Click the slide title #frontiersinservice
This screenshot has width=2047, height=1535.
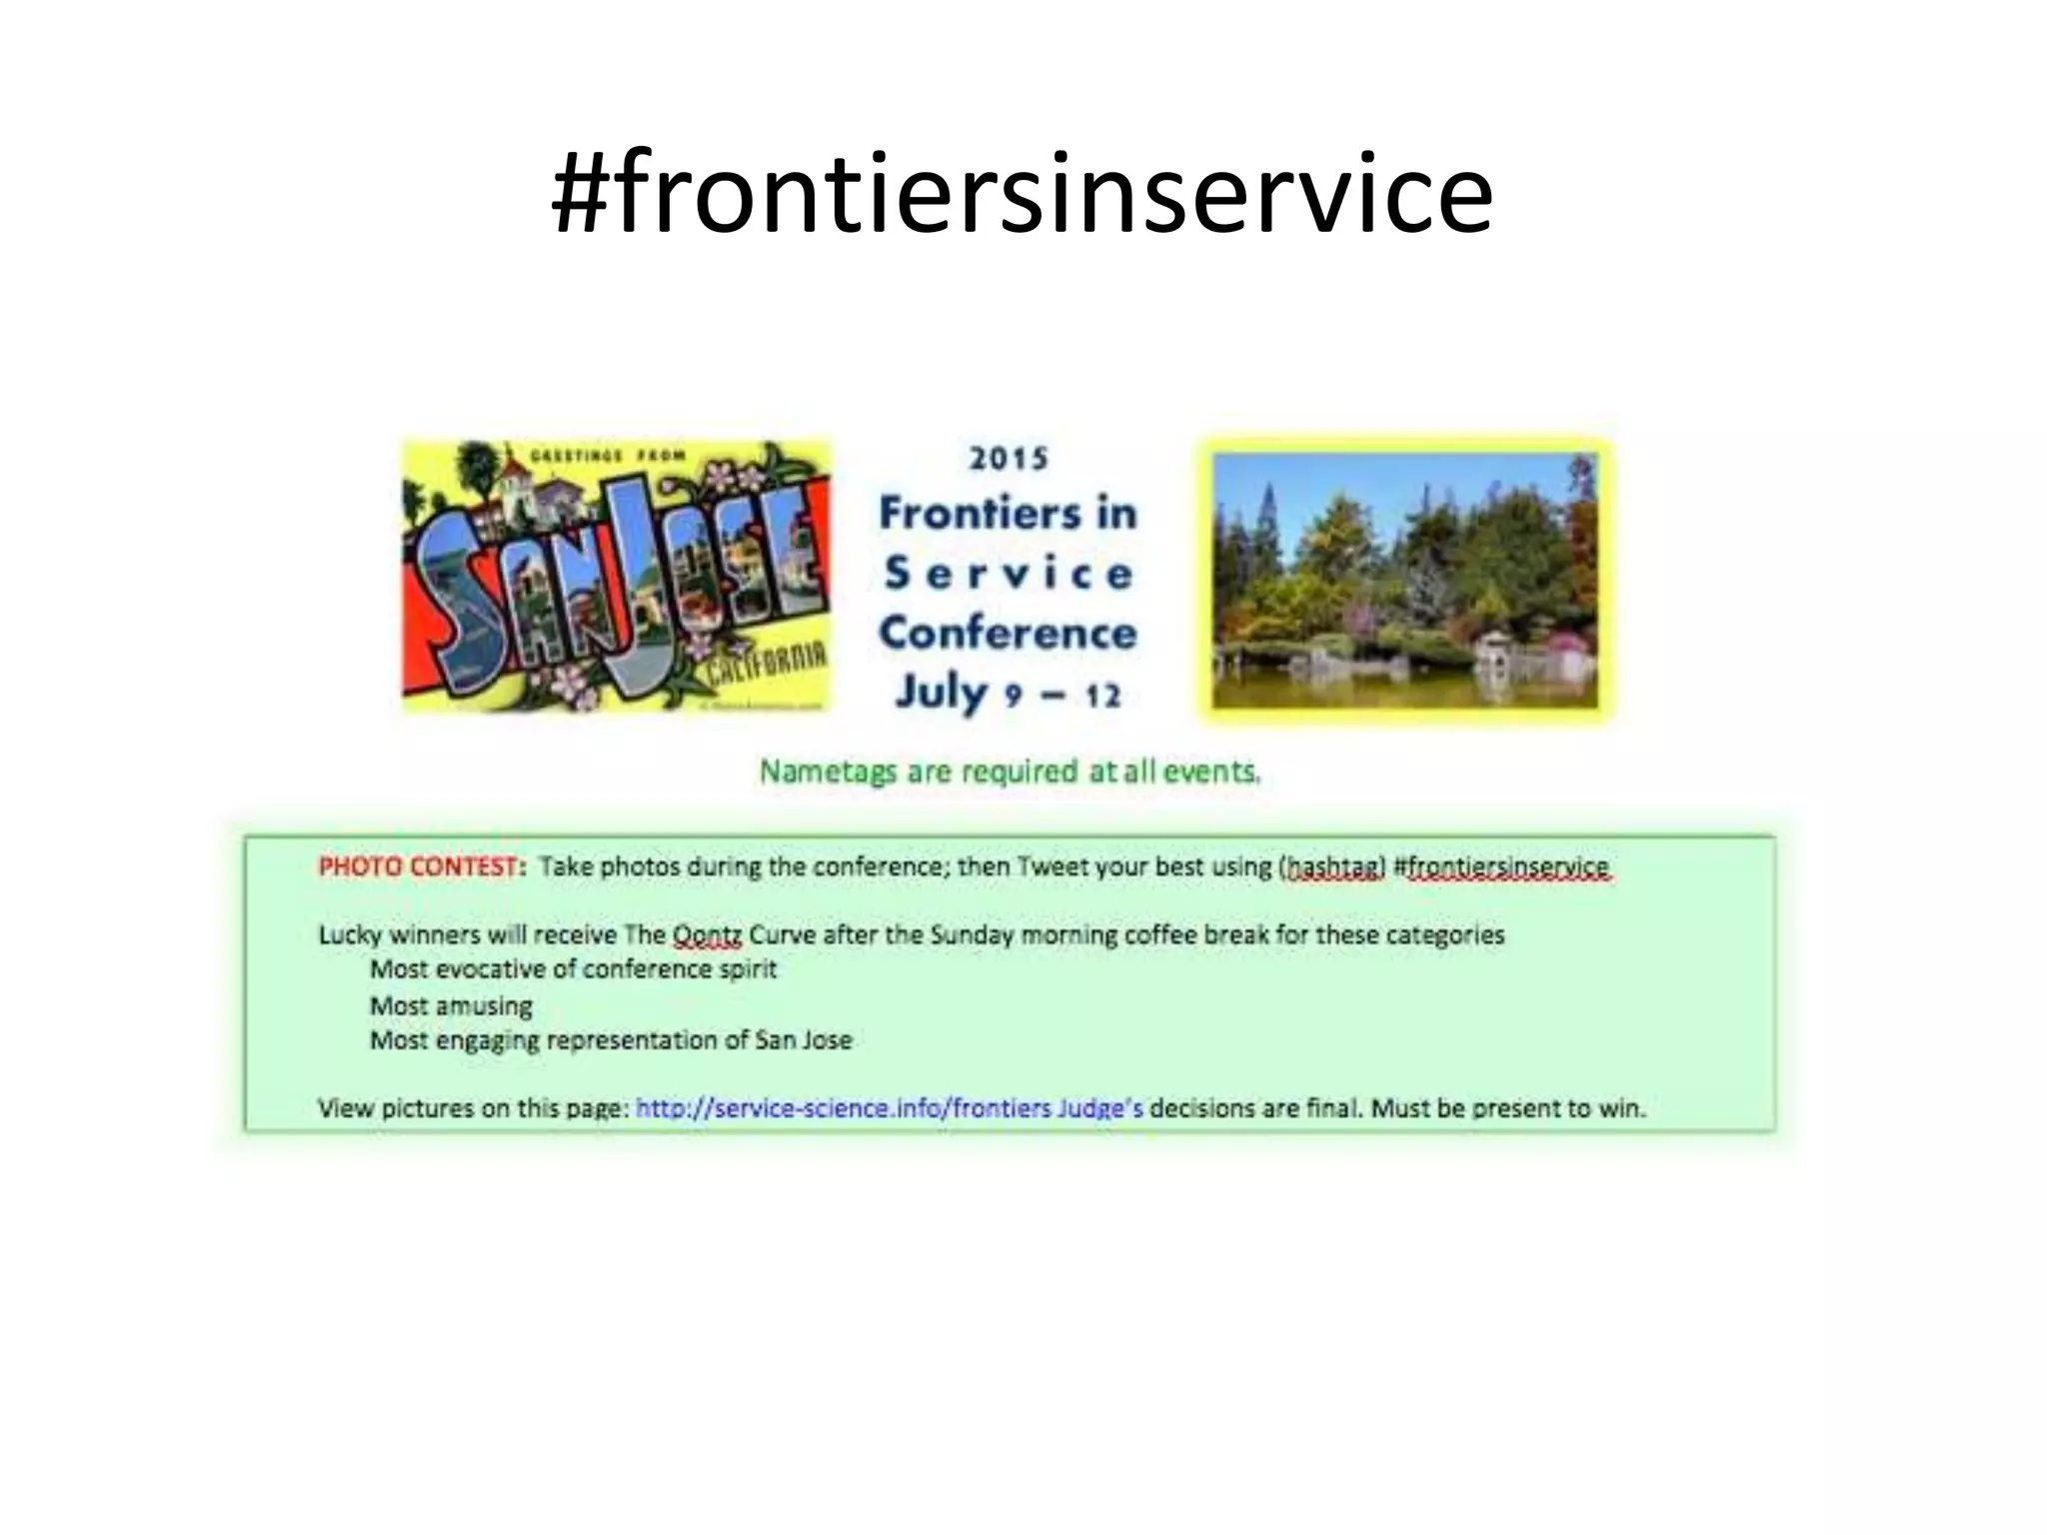(1022, 192)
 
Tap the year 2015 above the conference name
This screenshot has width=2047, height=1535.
(1009, 459)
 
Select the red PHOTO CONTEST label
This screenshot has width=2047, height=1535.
(421, 866)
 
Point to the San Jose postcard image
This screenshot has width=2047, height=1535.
(616, 577)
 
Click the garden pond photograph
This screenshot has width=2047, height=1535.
(1404, 580)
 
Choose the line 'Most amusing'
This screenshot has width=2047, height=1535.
(451, 1005)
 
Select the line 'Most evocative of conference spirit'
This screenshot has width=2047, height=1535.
(573, 969)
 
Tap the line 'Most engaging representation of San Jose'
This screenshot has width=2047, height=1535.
(611, 1040)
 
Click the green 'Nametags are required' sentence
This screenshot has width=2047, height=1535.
(1010, 771)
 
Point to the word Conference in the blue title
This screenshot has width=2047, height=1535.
(1008, 633)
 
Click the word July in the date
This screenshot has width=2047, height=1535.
(941, 692)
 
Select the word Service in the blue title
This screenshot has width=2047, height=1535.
(1008, 574)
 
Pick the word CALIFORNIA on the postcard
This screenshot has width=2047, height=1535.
(766, 666)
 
